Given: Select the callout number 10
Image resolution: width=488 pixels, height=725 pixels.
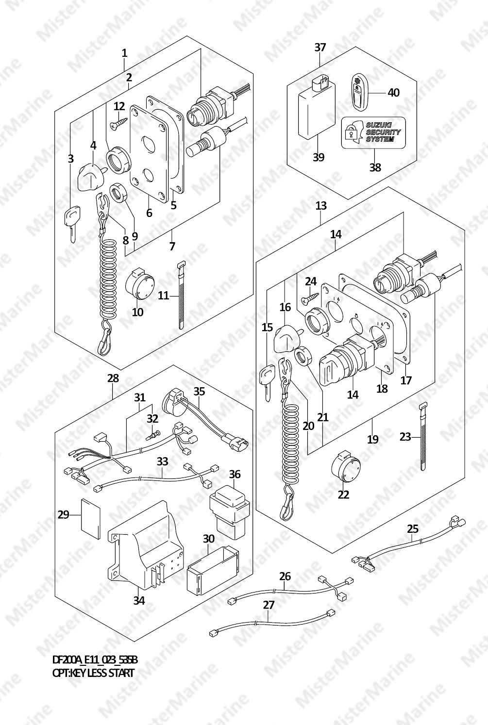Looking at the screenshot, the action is coord(137,313).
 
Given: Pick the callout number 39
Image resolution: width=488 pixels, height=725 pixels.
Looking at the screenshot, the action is coord(319,158).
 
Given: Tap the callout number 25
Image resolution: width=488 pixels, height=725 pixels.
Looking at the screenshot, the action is coord(413,529).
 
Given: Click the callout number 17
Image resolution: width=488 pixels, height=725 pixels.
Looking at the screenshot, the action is coord(406,380).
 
